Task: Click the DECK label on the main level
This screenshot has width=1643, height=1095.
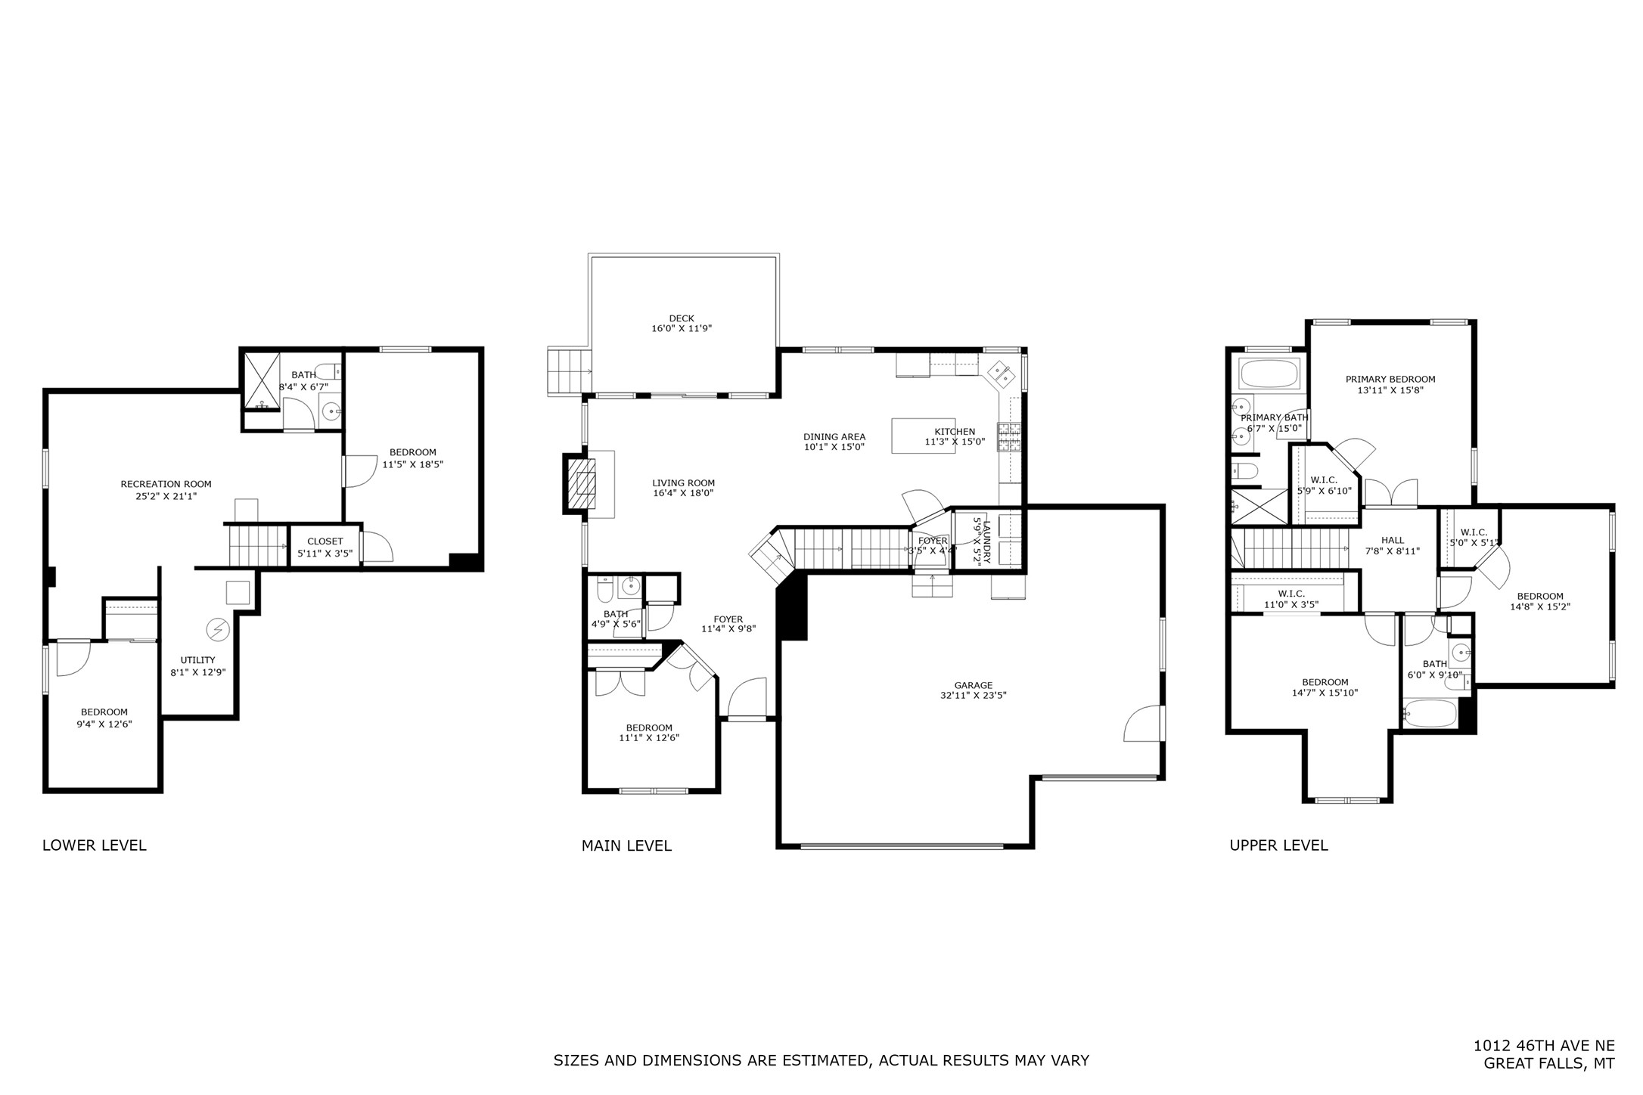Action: (681, 318)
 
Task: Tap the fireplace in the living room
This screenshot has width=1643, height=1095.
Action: (581, 483)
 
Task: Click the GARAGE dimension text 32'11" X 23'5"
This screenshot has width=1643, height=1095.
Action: (973, 696)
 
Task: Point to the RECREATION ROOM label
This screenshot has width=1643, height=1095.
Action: (166, 484)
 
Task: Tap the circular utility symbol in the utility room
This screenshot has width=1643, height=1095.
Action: (218, 629)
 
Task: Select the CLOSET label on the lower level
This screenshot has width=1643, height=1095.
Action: (325, 541)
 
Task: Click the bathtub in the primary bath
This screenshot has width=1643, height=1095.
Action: (1269, 374)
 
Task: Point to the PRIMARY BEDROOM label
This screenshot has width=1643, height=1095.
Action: (1390, 380)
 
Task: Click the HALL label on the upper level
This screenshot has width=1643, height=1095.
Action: (1392, 540)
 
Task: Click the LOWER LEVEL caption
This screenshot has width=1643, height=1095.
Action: (95, 845)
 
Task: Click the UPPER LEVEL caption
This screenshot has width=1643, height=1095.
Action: (1278, 845)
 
